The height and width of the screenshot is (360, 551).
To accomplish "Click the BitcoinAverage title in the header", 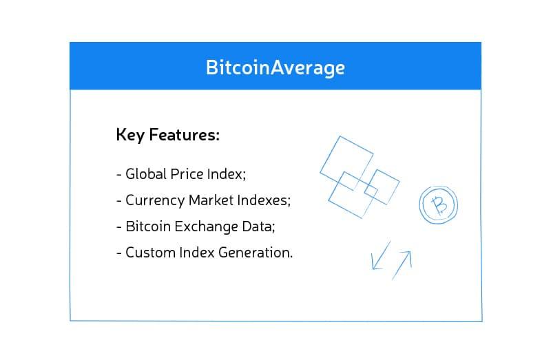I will click(x=275, y=67).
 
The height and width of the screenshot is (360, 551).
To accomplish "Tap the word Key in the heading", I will click(x=131, y=134).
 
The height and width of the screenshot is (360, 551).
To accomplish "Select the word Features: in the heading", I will click(x=185, y=134).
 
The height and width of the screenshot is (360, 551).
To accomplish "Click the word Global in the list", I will click(x=146, y=174).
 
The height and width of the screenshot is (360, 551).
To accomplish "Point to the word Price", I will click(x=187, y=174).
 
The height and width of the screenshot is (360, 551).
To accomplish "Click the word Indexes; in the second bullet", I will click(x=264, y=200).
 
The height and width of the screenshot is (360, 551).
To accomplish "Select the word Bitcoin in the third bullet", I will click(x=147, y=226).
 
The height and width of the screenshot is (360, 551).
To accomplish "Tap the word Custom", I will click(x=149, y=252).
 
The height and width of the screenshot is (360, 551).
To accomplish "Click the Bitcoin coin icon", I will click(x=438, y=204).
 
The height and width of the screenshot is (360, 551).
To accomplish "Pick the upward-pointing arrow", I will click(x=402, y=264).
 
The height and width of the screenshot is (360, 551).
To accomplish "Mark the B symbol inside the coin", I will click(x=438, y=204).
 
